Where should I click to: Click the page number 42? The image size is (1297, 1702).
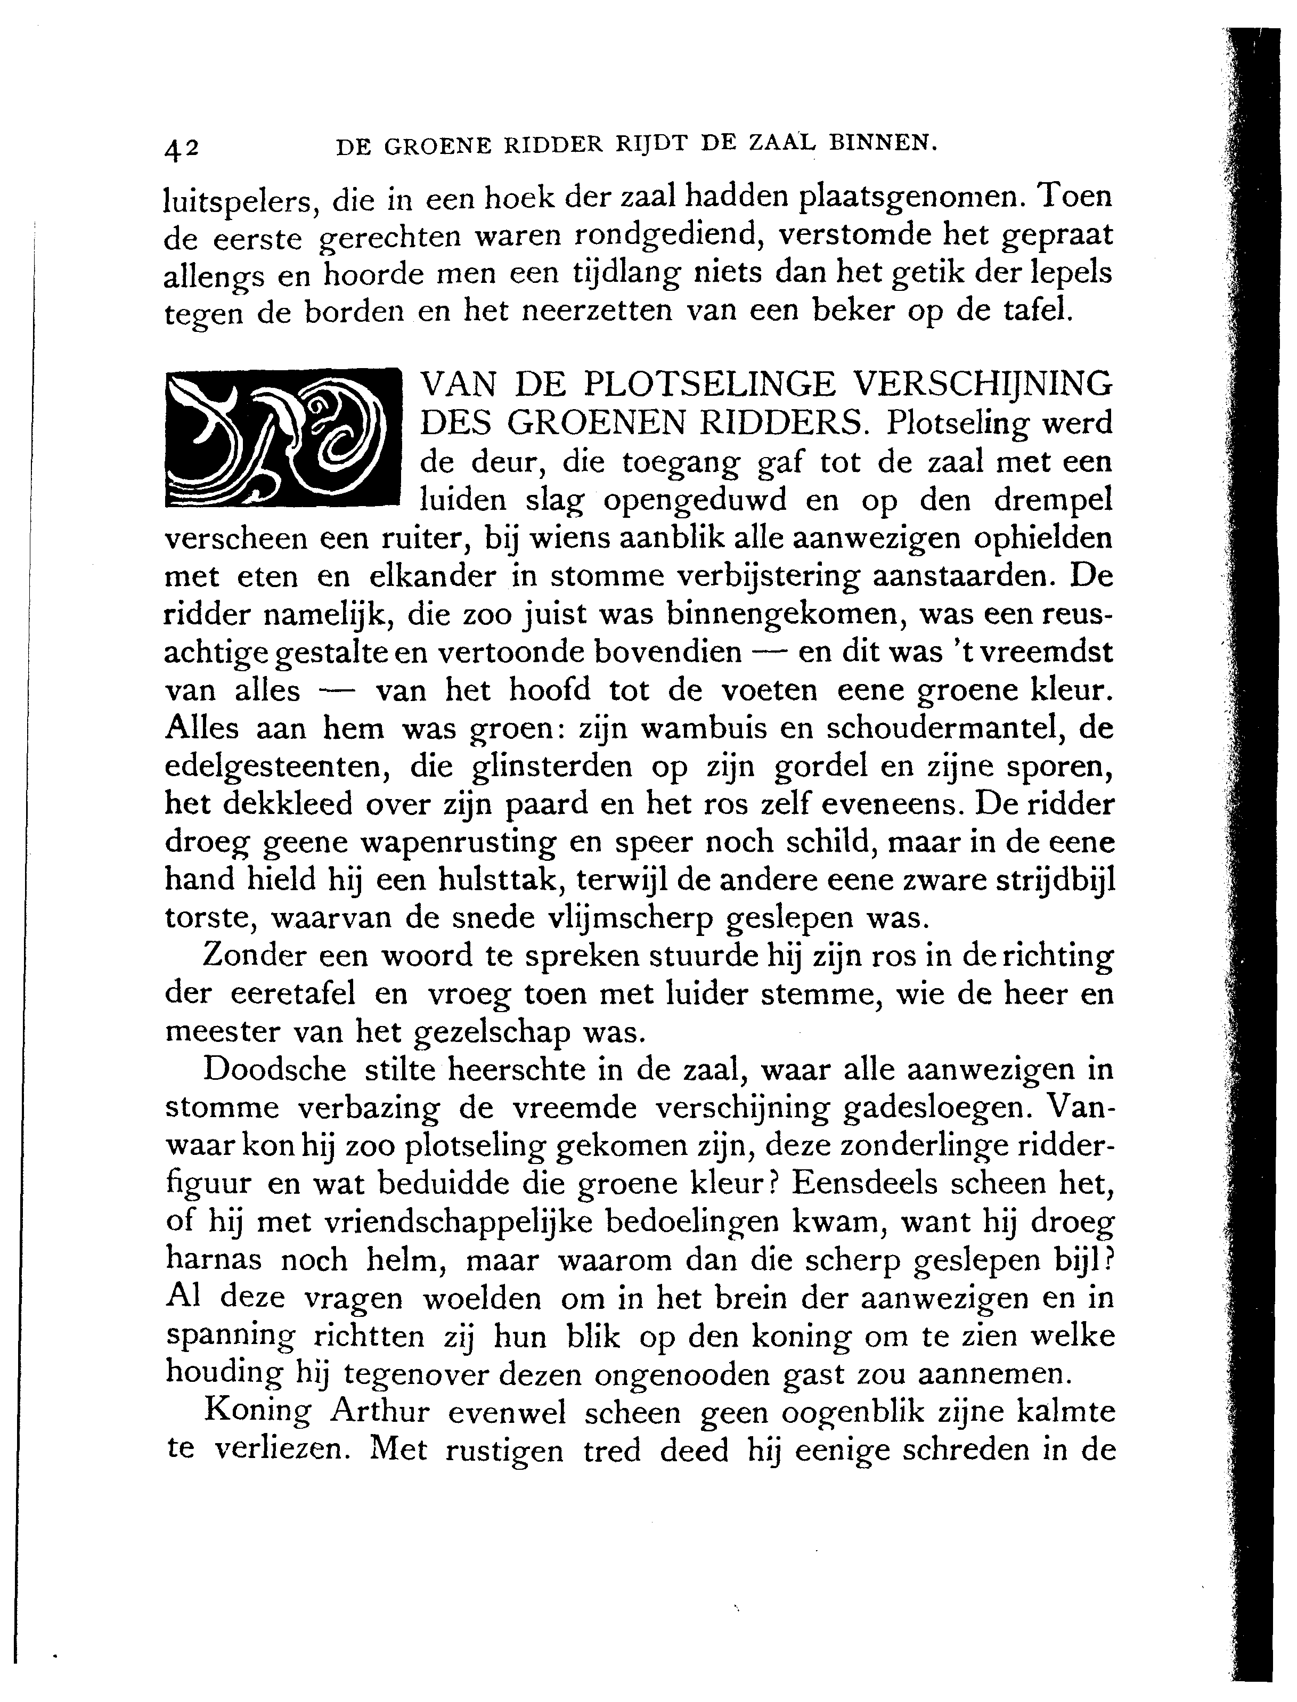(182, 148)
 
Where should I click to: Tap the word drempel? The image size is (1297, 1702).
(1053, 500)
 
